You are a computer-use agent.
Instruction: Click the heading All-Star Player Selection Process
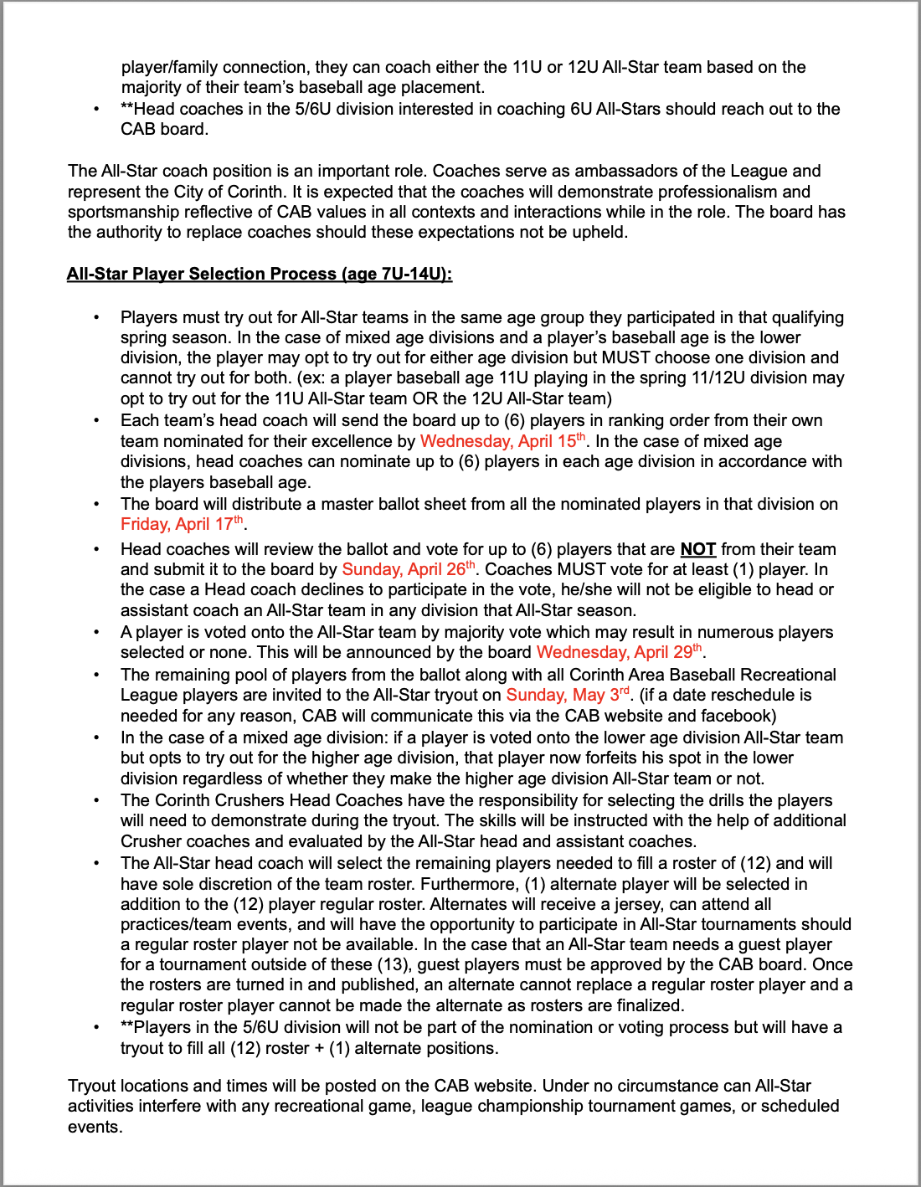pyautogui.click(x=260, y=274)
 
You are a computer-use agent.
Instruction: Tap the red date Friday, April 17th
pyautogui.click(x=183, y=524)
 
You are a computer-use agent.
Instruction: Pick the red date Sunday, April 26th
pyautogui.click(x=409, y=569)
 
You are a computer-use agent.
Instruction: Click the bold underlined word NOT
pyautogui.click(x=697, y=549)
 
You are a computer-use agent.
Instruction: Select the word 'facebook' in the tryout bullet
pyautogui.click(x=738, y=716)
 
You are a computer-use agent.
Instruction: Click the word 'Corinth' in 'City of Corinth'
pyautogui.click(x=256, y=192)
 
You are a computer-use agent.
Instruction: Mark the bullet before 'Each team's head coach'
pyautogui.click(x=97, y=421)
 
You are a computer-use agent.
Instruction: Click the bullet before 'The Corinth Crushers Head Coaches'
pyautogui.click(x=97, y=801)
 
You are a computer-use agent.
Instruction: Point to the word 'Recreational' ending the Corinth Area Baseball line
pyautogui.click(x=788, y=675)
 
